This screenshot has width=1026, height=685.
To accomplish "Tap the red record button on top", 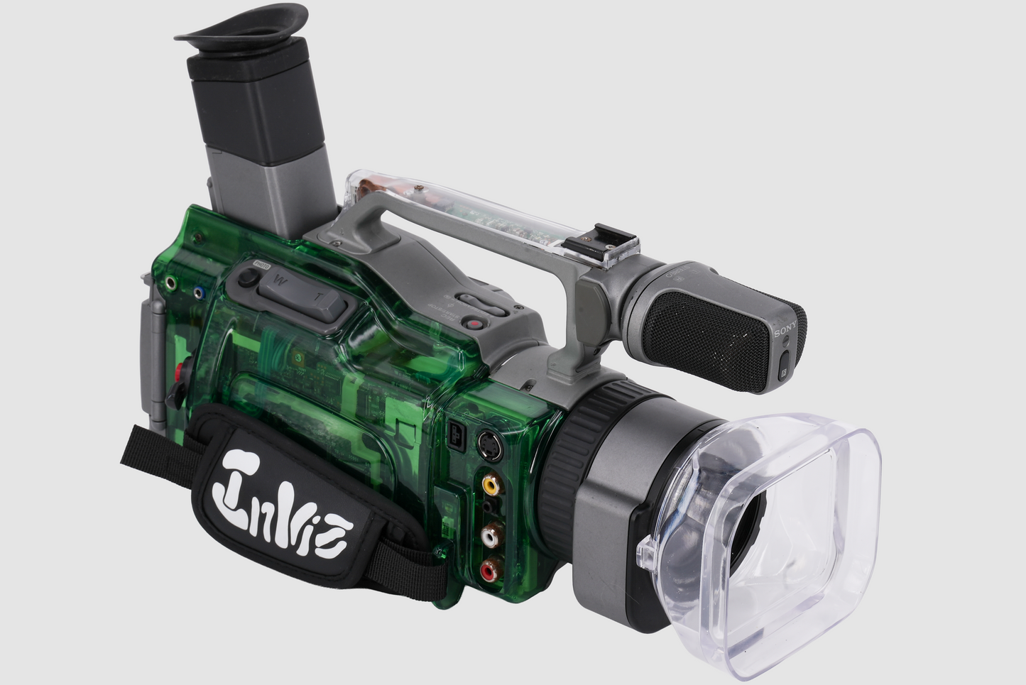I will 472,324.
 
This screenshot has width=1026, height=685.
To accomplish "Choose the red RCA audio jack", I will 490,569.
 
